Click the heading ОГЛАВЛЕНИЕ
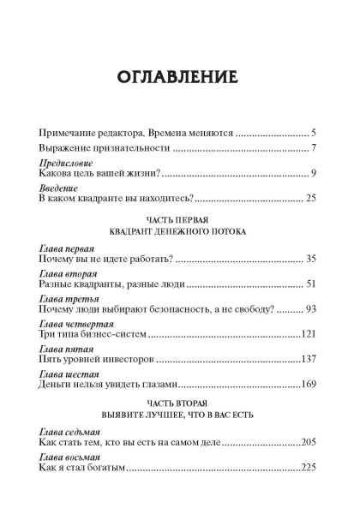tap(179, 79)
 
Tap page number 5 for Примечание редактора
tap(315, 134)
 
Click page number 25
tap(311, 199)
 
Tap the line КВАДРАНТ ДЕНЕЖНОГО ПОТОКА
tap(178, 232)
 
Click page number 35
tap(311, 259)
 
